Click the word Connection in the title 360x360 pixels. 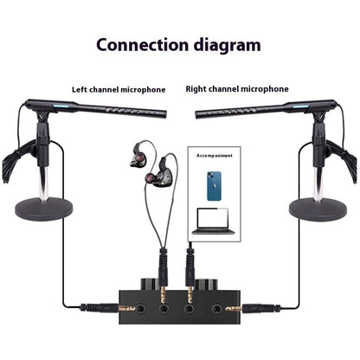(x=142, y=45)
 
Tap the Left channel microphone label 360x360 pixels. (x=119, y=90)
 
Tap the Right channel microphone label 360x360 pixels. (x=237, y=89)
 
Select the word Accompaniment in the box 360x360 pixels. (x=214, y=156)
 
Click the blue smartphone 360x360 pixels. (x=215, y=186)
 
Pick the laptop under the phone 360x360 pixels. (x=214, y=221)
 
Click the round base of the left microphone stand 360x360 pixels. (x=43, y=209)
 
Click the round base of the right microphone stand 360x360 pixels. (x=318, y=209)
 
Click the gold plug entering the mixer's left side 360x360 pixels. (x=126, y=309)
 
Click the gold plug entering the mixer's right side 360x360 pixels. (x=234, y=309)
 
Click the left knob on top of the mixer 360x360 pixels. (x=148, y=284)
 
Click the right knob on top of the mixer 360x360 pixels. (x=206, y=284)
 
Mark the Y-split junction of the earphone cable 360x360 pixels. (x=163, y=248)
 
